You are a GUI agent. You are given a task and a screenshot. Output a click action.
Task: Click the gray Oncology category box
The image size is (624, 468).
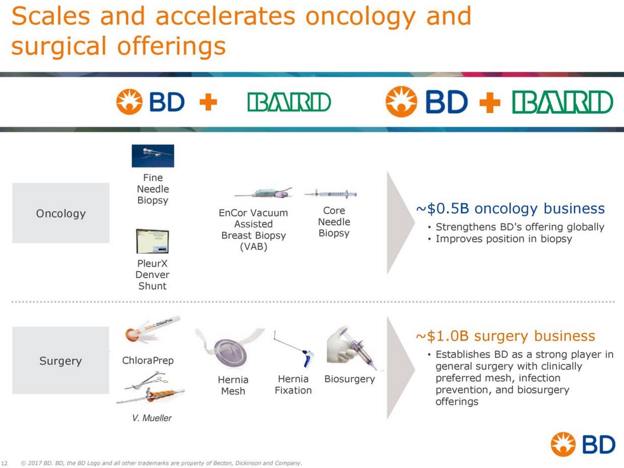coord(61,213)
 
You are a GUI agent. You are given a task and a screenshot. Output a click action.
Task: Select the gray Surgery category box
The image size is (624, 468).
coord(61,360)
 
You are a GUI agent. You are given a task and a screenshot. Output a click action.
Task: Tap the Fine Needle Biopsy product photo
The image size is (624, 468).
coord(153,156)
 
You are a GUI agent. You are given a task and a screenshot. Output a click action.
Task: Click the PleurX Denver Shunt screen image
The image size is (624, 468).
coord(152,241)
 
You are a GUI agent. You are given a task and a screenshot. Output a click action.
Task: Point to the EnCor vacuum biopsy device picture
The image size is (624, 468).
coord(263,193)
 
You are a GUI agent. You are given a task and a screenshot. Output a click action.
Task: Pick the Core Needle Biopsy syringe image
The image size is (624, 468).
coord(330,194)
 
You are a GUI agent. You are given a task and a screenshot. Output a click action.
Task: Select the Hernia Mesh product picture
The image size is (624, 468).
coord(230,348)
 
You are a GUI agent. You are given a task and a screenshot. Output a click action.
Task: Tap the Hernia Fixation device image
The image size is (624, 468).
coord(294,349)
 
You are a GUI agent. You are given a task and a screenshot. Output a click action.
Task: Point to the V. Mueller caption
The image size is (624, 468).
coord(152,418)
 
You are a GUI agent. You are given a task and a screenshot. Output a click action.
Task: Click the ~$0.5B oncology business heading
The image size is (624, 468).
coord(510,209)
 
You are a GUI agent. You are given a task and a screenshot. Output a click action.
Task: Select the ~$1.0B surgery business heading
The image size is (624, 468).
coord(505,336)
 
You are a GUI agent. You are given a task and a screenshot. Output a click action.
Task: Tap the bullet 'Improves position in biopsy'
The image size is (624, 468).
coord(503,239)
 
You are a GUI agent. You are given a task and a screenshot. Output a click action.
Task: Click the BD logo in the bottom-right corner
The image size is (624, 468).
coord(583,445)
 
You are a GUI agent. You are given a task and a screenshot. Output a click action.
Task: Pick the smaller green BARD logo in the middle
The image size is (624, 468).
coord(289,102)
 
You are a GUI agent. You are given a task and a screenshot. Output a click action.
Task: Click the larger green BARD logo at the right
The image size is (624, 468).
coord(563,102)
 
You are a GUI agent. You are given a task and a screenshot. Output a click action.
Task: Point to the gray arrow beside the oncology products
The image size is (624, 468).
coord(401,223)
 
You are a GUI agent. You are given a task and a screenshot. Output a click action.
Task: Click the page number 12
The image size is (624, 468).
coord(5,463)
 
